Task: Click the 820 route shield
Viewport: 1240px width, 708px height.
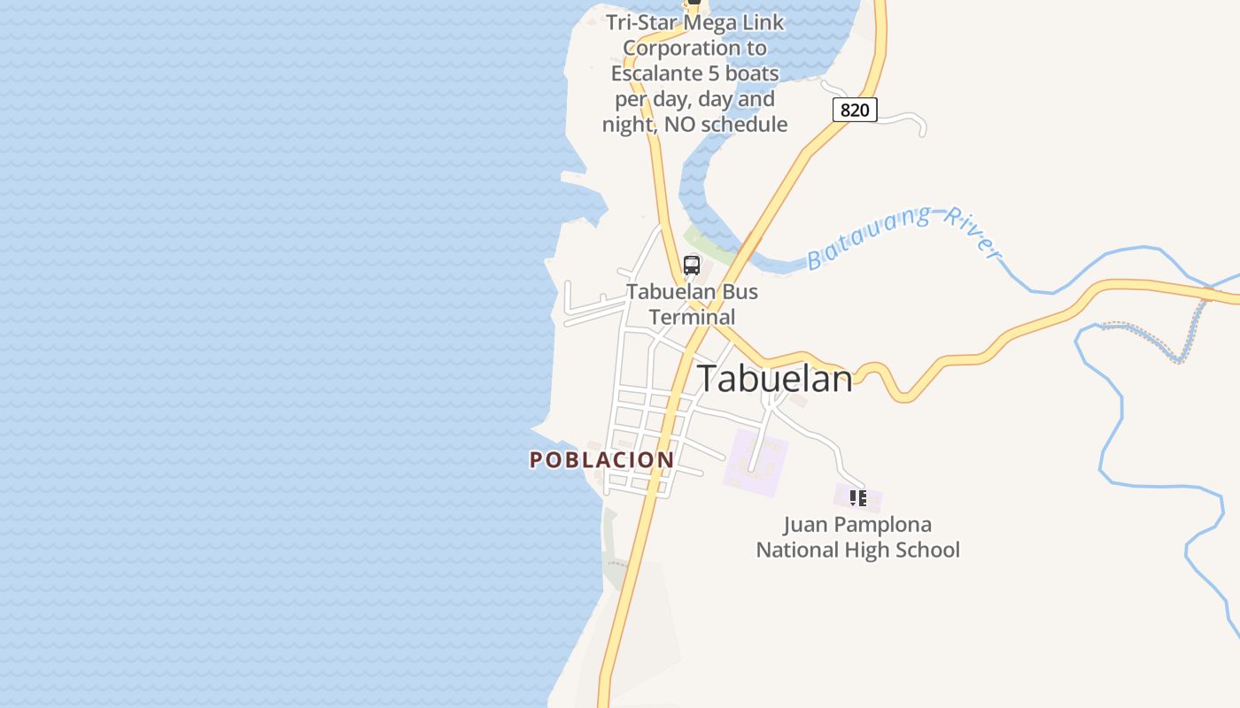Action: (855, 110)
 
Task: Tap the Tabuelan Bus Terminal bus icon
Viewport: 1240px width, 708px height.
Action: (692, 265)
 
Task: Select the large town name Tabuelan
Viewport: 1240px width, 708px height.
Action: (775, 379)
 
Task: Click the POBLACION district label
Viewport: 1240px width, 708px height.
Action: (602, 460)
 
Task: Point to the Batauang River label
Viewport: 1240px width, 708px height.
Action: (903, 237)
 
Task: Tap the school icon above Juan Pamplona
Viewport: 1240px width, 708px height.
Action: (857, 498)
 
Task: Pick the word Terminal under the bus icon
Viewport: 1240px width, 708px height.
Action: (692, 317)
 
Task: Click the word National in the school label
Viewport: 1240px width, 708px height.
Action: (794, 550)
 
